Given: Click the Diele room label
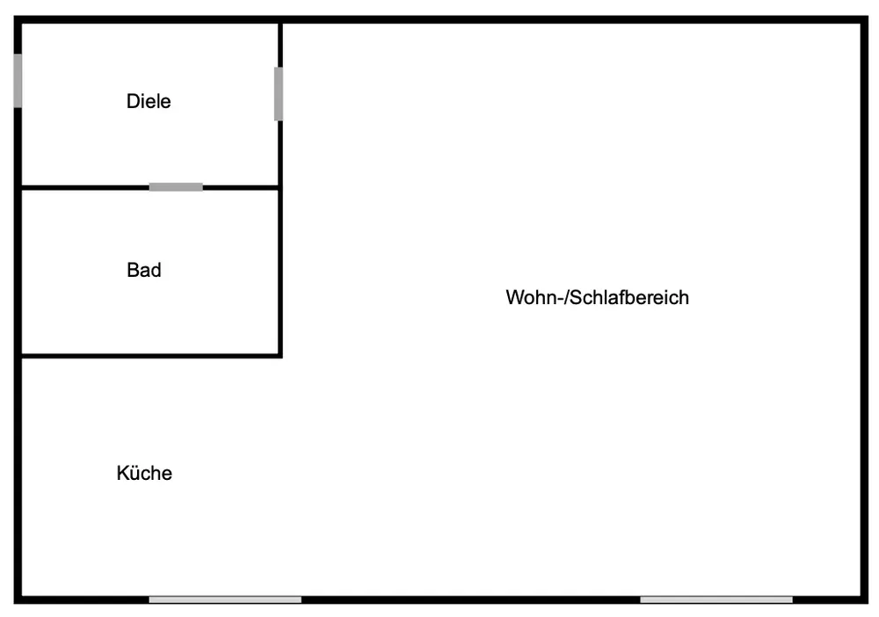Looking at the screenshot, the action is [149, 101].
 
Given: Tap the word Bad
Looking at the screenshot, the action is [144, 270].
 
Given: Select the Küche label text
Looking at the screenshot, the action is [144, 473].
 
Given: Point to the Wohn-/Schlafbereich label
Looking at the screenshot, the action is [597, 297].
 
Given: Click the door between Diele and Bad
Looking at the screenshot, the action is [176, 186].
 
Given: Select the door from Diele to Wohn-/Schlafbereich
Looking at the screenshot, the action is [279, 94].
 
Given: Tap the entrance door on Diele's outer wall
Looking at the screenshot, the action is [18, 81].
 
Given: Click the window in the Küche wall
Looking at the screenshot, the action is [225, 599].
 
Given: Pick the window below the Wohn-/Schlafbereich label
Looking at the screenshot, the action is [716, 599].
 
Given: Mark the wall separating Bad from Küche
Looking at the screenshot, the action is [149, 356].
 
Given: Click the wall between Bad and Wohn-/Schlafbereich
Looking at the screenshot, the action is [280, 272].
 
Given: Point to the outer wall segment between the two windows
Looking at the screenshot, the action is [470, 599].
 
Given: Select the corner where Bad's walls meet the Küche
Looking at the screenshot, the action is [280, 356].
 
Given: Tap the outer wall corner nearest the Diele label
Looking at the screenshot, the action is [18, 20].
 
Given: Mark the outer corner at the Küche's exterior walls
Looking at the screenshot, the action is [18, 599].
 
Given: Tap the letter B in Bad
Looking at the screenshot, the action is [133, 270].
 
